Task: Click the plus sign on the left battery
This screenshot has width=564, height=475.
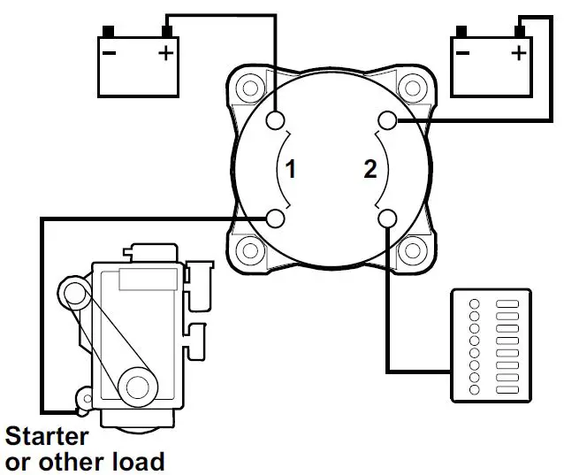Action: coord(165,54)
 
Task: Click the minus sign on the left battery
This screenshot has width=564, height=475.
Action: coord(110,54)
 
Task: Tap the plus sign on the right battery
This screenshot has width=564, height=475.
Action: coord(518,52)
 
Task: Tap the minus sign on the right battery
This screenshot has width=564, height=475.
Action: coord(462,52)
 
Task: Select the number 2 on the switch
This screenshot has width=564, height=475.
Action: coord(370,168)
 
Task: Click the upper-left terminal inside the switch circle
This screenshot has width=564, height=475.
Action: coord(276,120)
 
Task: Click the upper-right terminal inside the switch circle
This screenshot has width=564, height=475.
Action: coord(386,119)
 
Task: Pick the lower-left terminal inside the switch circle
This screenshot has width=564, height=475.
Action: coord(275,218)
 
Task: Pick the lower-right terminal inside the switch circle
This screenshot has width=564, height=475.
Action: coord(386,218)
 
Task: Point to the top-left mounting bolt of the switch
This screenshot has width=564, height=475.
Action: coord(249,88)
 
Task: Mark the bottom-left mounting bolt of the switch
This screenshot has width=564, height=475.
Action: coord(249,250)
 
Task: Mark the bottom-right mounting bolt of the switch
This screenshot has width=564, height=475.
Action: coord(409,250)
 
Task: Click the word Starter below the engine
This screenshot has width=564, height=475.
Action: coord(48,436)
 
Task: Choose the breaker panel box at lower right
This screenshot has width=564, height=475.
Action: coord(492,343)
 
